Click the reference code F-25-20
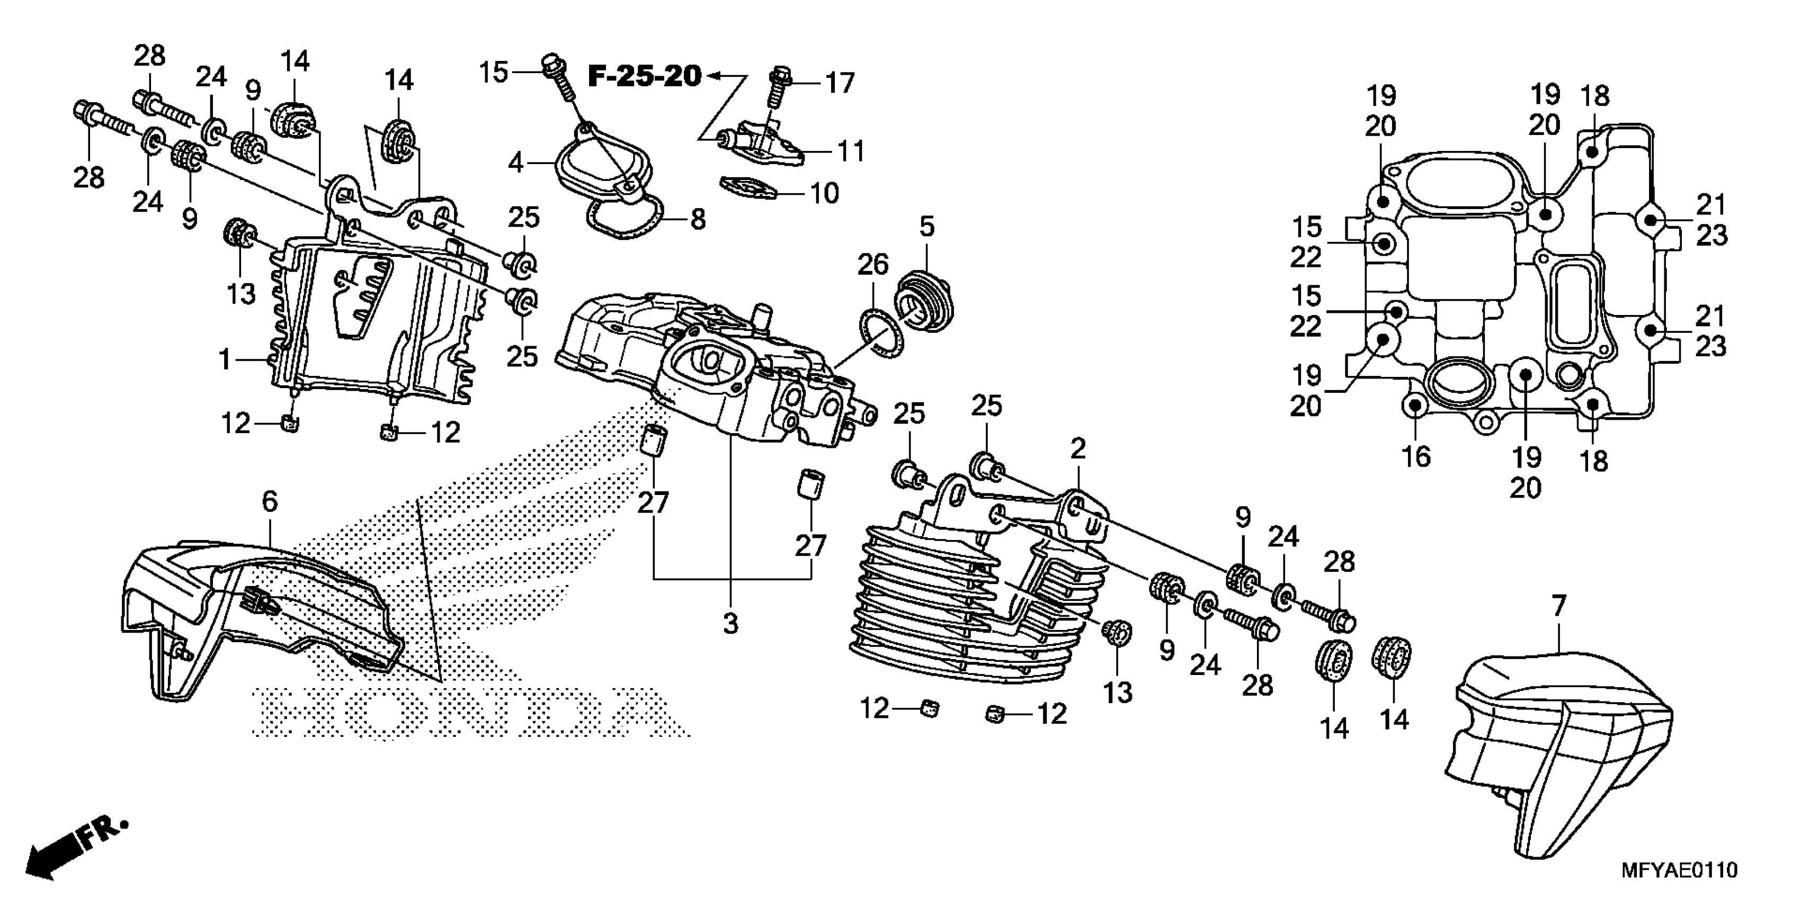[x=644, y=76]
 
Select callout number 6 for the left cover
[x=270, y=501]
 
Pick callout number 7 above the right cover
[x=1559, y=606]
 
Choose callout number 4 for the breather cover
[x=516, y=163]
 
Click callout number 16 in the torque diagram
[x=1416, y=457]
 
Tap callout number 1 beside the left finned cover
[x=225, y=360]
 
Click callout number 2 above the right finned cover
[x=1077, y=448]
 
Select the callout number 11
[x=851, y=151]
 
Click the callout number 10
[x=825, y=193]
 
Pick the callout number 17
[x=840, y=83]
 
